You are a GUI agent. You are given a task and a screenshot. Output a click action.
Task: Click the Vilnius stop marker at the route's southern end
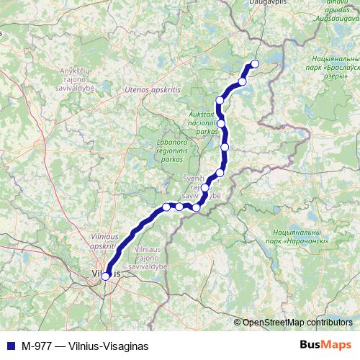pyautogui.click(x=106, y=275)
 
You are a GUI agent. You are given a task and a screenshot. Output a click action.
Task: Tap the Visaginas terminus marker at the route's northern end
pyautogui.click(x=253, y=63)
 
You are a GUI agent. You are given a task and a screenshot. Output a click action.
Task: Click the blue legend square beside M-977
pyautogui.click(x=9, y=346)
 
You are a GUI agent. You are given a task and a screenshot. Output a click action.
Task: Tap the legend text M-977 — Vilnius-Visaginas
pyautogui.click(x=85, y=346)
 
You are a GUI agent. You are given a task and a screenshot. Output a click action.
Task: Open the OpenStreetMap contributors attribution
pyautogui.click(x=297, y=322)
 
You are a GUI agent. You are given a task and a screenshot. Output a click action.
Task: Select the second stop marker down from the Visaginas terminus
pyautogui.click(x=220, y=100)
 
